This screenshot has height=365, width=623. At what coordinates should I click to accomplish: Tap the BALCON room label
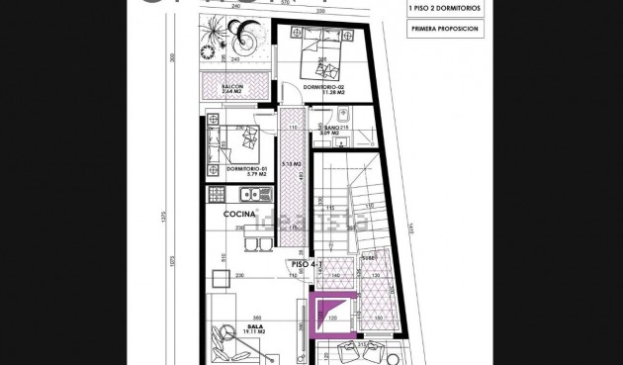232,87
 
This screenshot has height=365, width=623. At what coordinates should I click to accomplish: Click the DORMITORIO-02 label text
323,87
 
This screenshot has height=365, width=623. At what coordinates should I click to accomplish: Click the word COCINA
239,214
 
